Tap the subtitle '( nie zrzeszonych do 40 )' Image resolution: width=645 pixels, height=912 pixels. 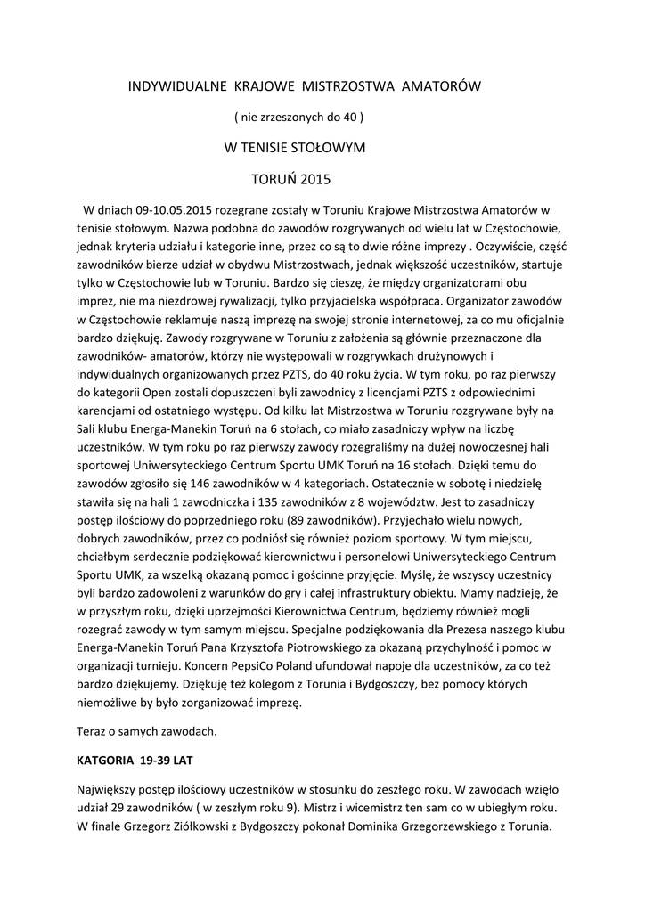pyautogui.click(x=298, y=116)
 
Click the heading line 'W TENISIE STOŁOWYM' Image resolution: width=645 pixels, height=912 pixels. pyautogui.click(x=295, y=147)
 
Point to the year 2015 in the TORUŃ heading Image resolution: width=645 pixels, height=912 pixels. pyautogui.click(x=315, y=179)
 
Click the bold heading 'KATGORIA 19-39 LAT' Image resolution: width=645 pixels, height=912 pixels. pyautogui.click(x=135, y=761)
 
